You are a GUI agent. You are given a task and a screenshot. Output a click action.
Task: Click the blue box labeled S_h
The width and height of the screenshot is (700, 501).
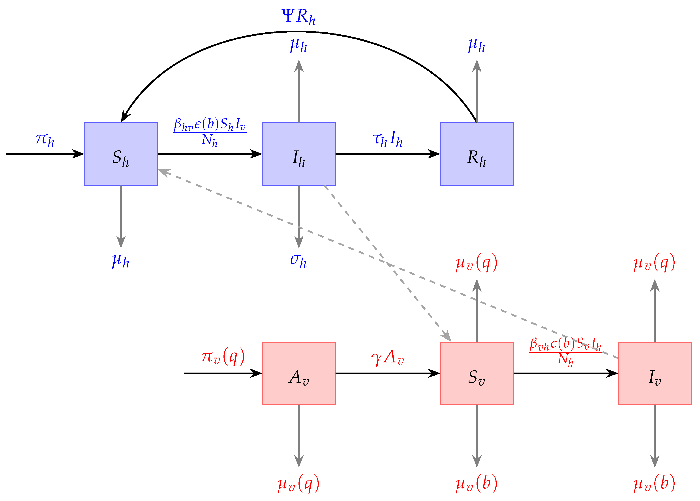pyautogui.click(x=121, y=154)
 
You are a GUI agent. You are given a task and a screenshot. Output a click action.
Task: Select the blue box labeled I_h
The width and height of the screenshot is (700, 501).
pyautogui.click(x=299, y=154)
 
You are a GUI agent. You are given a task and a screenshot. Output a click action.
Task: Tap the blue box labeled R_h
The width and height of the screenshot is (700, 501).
pyautogui.click(x=477, y=154)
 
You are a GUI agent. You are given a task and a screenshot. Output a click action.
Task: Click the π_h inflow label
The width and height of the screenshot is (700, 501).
pyautogui.click(x=45, y=140)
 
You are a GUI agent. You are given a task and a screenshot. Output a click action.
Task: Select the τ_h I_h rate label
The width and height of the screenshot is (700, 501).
pyautogui.click(x=388, y=139)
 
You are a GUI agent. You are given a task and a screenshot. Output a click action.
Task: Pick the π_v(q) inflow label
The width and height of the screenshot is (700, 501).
pyautogui.click(x=223, y=356)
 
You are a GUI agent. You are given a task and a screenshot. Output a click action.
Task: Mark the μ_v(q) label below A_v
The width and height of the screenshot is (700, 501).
pyautogui.click(x=298, y=484)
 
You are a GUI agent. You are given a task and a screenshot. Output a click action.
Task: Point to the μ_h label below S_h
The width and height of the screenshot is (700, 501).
pyautogui.click(x=121, y=261)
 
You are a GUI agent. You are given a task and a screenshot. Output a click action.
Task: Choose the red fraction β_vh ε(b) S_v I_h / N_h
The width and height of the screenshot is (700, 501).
pyautogui.click(x=566, y=352)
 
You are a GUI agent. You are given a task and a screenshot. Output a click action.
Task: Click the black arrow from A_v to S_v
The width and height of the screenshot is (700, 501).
pyautogui.click(x=388, y=373)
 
